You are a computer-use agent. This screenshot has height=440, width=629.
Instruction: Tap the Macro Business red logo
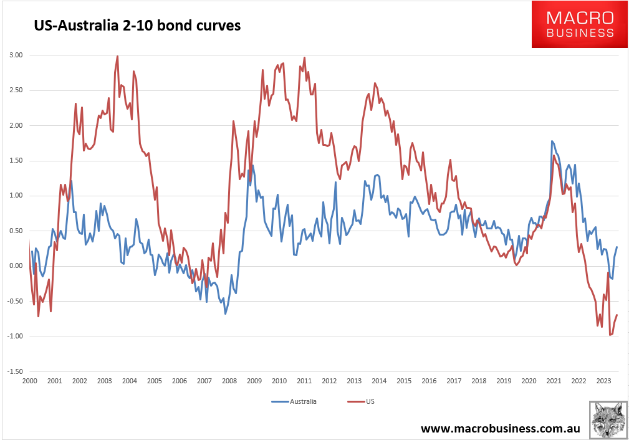580,25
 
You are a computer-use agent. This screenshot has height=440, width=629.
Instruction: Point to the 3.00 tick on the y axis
16,55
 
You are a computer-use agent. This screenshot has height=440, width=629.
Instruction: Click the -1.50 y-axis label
15,371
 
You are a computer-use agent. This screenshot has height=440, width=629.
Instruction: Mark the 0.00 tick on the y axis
16,266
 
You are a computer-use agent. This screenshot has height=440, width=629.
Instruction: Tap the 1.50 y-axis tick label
16,161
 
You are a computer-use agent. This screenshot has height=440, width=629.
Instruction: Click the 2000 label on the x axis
29,381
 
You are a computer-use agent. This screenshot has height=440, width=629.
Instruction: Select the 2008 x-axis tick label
229,381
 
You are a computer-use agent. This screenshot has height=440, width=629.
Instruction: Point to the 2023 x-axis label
603,381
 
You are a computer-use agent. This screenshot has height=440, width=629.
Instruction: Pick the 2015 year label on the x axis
403,381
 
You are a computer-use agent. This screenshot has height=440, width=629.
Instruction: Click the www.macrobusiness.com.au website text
501,429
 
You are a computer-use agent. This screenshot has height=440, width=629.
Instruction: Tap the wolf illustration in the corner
608,420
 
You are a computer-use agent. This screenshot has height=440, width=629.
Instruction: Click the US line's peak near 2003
117,56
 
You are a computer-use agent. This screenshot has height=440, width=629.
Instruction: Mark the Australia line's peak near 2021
552,141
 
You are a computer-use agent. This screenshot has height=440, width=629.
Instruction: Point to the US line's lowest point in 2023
610,335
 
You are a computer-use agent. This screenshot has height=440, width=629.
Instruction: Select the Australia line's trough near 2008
225,313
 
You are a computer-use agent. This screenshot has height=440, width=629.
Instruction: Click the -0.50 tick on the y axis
15,301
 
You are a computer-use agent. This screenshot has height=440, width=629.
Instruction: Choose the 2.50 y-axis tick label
16,90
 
